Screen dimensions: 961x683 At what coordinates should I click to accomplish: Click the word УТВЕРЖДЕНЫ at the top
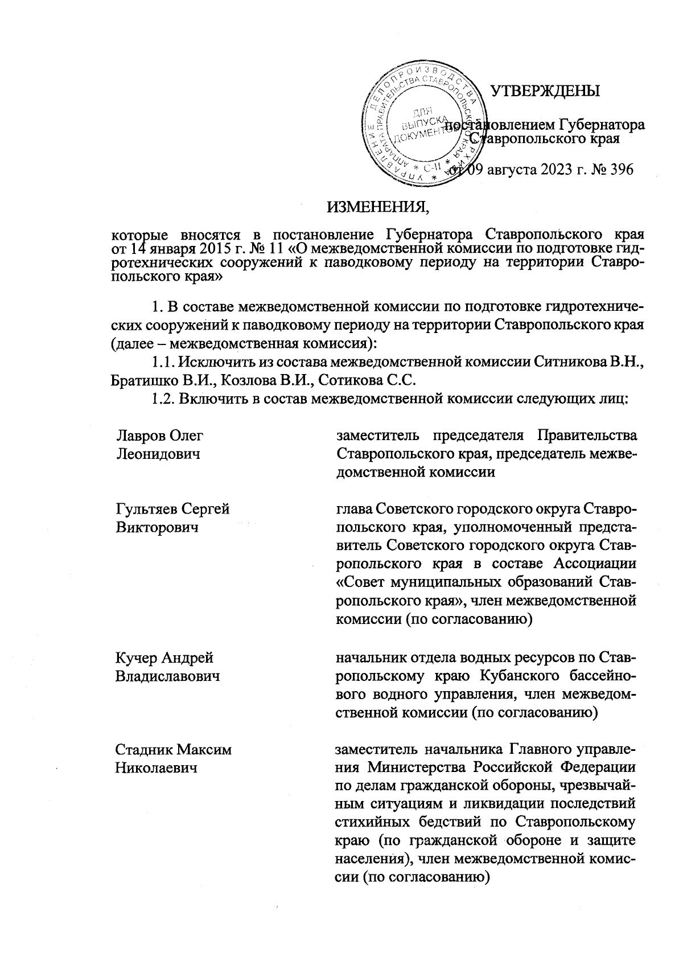point(545,91)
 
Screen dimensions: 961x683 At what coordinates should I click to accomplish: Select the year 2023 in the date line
point(549,170)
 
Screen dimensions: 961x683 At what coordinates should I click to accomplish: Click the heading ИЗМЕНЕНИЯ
point(378,206)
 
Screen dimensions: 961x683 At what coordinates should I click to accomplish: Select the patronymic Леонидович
point(158,454)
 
